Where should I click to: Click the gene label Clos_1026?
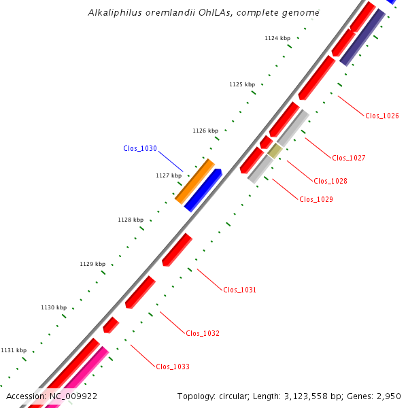pos(382,116)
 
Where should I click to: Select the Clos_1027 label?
pos(349,158)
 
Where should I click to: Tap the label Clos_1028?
pos(330,181)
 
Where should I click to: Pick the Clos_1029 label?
pos(316,199)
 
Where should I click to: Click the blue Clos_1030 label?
pos(140,148)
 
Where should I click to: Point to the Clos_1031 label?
pos(240,290)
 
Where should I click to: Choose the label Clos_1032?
pos(203,333)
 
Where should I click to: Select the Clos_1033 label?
pos(173,367)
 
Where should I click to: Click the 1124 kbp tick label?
pos(277,38)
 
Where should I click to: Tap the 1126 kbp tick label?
pos(205,131)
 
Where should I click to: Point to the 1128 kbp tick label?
pos(131,220)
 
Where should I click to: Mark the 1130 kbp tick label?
pos(54,307)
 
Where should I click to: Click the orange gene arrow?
pos(194,181)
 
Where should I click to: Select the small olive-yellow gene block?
pos(275,151)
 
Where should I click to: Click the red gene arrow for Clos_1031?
pos(177,250)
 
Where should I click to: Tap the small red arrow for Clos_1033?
pos(111,325)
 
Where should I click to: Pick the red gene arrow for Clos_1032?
pos(140,292)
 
